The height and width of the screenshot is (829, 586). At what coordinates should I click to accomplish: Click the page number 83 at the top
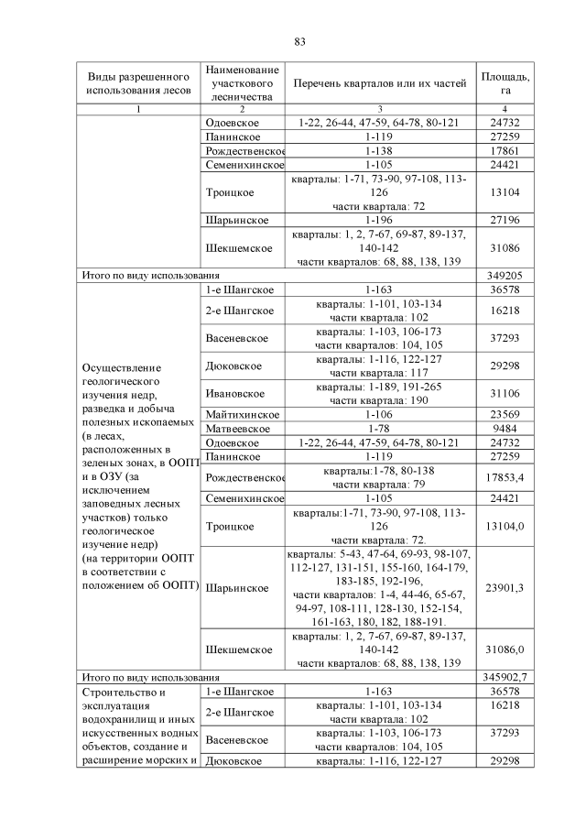(299, 41)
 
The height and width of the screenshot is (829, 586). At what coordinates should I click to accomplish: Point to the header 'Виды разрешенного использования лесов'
(138, 83)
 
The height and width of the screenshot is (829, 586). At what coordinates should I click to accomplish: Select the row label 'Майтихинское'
(241, 415)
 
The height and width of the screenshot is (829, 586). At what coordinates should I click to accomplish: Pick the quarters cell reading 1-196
(379, 221)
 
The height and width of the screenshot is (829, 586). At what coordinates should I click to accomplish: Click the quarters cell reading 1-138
(379, 150)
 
